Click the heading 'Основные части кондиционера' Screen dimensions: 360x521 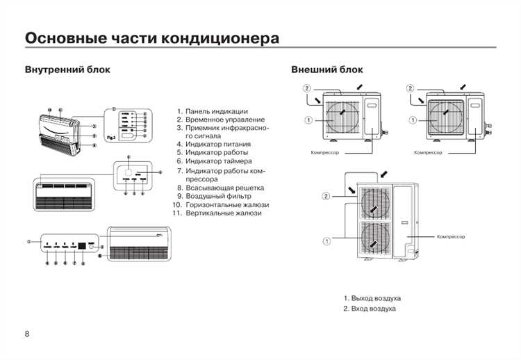(152, 38)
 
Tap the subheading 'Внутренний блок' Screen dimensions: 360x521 (67, 70)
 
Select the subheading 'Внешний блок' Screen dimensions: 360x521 (326, 70)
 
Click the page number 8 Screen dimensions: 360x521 (27, 334)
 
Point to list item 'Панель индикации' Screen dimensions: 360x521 (216, 111)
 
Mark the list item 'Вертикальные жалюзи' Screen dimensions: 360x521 (223, 213)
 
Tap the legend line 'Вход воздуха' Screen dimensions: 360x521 (373, 308)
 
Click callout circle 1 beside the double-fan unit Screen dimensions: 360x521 (326, 241)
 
